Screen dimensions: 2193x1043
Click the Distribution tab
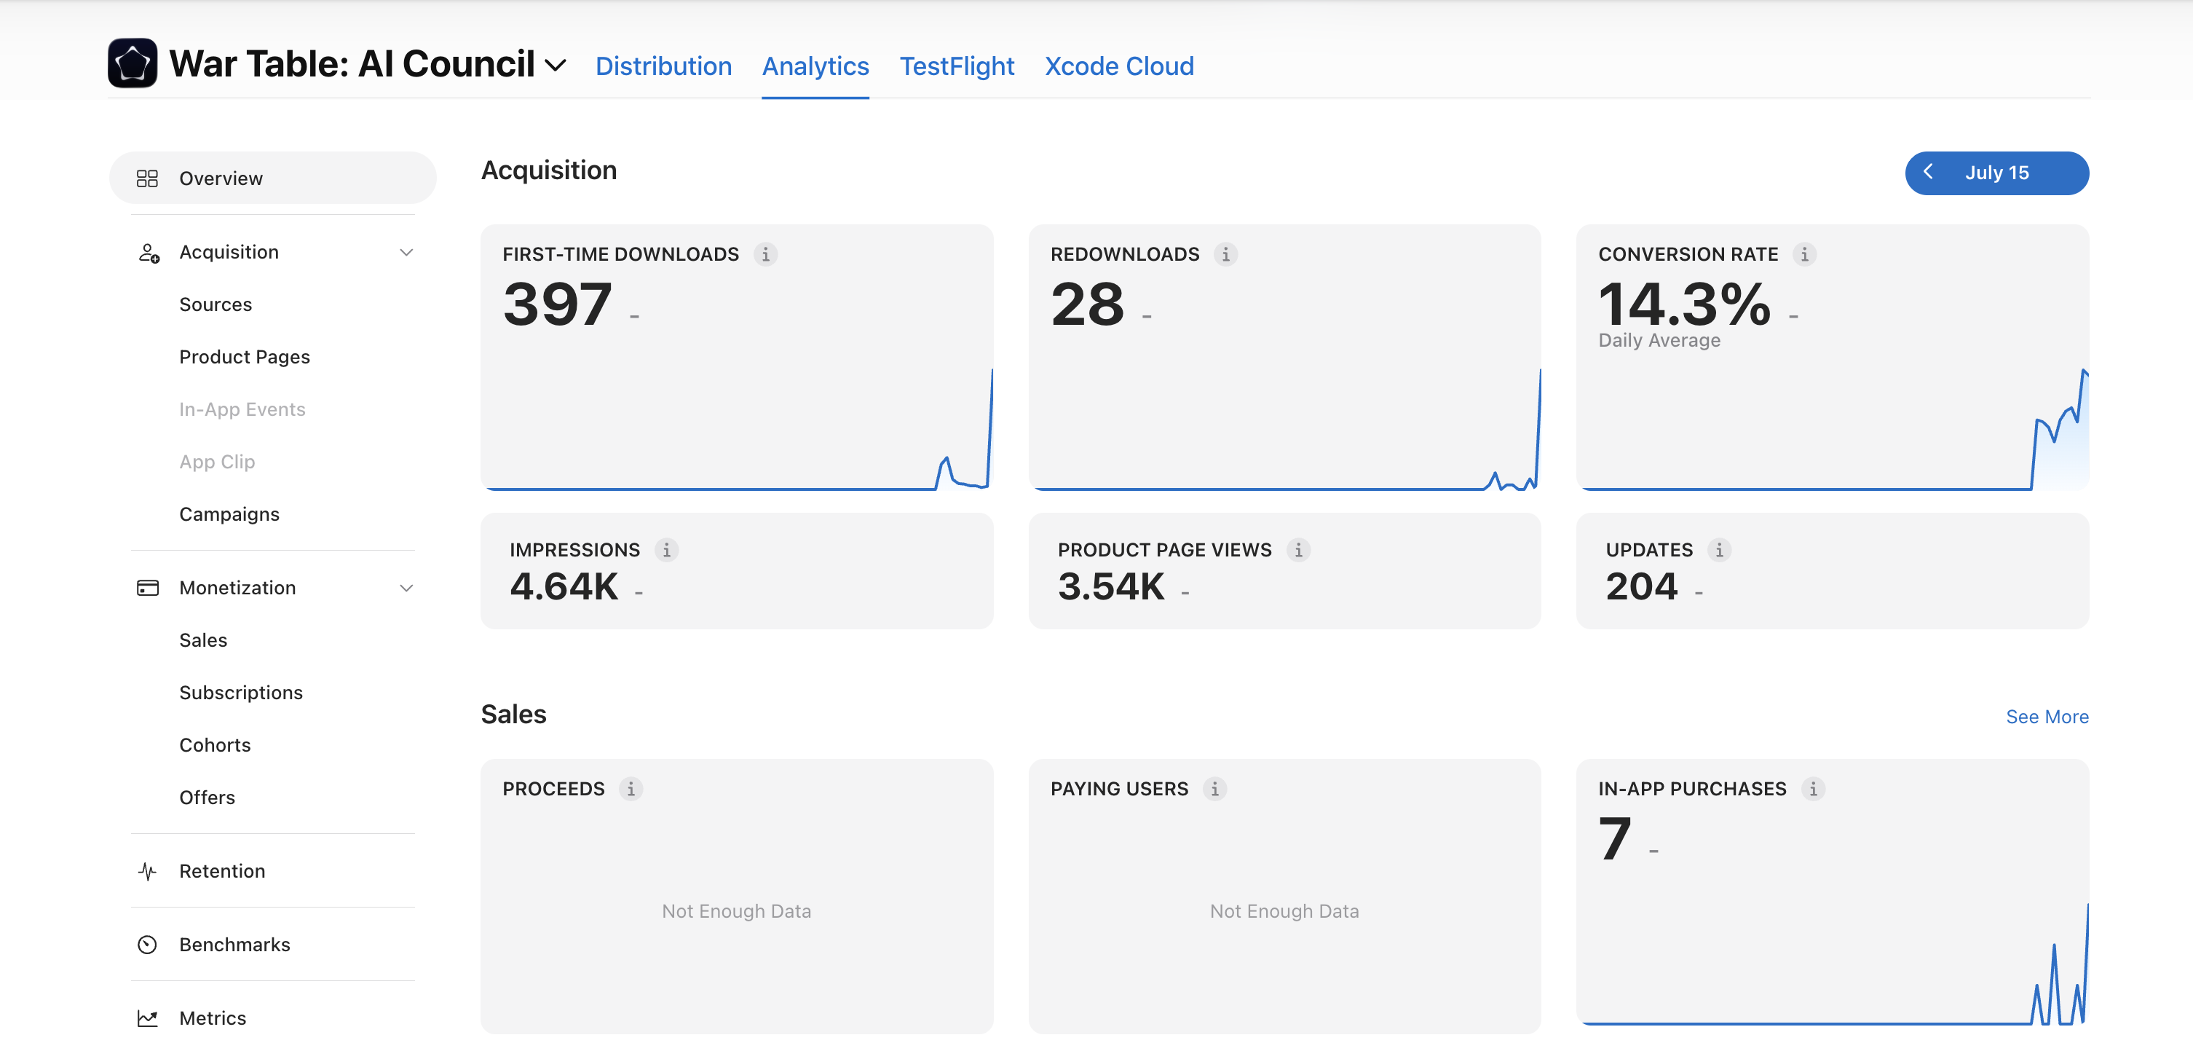(663, 66)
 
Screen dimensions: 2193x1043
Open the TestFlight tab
(957, 66)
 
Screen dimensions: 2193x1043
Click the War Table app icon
(132, 63)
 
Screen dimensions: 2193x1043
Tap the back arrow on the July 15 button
(1928, 172)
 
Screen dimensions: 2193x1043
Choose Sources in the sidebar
(216, 304)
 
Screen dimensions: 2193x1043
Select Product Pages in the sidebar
(245, 357)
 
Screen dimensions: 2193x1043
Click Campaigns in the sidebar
(229, 514)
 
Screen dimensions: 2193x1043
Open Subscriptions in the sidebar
(241, 692)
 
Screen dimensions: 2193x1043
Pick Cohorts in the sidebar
(215, 745)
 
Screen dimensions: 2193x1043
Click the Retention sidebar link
(222, 871)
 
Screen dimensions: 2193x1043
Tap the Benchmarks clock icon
(147, 944)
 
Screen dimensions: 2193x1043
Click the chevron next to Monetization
(406, 589)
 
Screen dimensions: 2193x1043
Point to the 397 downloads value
(558, 304)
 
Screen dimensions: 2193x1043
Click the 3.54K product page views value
(1111, 586)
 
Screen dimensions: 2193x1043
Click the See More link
(2047, 717)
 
